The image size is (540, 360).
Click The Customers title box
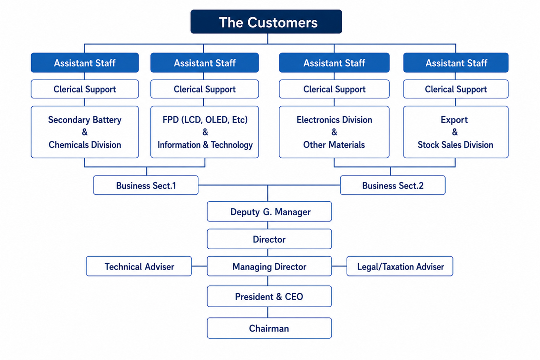(x=266, y=22)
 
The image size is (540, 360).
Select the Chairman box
(x=270, y=328)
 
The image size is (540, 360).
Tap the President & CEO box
(x=270, y=296)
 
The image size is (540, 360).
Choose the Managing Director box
(x=270, y=267)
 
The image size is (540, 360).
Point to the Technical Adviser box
(x=139, y=267)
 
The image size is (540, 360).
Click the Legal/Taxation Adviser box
(x=400, y=267)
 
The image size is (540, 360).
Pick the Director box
(x=270, y=239)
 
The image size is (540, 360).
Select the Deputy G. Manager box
(x=270, y=212)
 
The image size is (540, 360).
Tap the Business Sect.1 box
(x=146, y=185)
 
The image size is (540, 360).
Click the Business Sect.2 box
(x=393, y=185)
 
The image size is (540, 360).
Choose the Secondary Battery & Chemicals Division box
(x=85, y=132)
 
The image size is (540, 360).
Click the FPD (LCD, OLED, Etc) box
(x=205, y=132)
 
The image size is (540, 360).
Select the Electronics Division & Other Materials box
(x=334, y=132)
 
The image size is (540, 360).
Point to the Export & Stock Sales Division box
(x=455, y=132)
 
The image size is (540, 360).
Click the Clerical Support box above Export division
(x=455, y=89)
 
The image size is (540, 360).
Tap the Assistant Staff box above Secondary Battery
(x=85, y=63)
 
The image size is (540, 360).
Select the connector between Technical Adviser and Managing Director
(x=199, y=266)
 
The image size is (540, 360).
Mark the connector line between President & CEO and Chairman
(x=268, y=312)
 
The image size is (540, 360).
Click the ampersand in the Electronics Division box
(x=334, y=132)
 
